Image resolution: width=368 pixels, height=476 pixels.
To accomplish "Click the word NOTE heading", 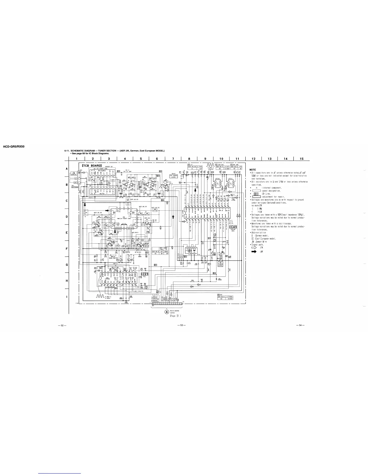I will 253,169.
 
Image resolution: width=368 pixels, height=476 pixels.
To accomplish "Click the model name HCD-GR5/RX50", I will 13,147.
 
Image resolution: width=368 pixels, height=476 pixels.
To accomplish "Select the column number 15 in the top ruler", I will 301,159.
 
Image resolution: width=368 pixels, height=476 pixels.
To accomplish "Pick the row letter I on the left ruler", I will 66,297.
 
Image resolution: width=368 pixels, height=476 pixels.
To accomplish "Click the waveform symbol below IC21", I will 99,297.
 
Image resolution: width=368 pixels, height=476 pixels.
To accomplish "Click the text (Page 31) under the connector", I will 175,316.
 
